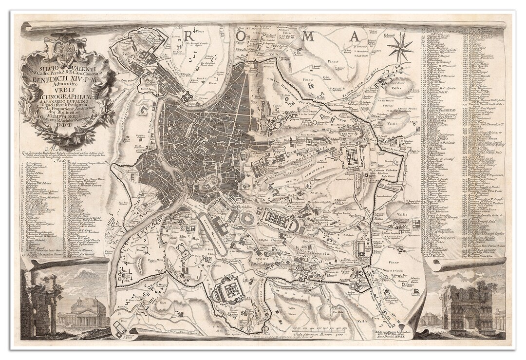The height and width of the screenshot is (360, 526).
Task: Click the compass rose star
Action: pos(400,48)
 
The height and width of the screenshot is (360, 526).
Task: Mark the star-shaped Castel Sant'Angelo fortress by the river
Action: pos(188,97)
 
